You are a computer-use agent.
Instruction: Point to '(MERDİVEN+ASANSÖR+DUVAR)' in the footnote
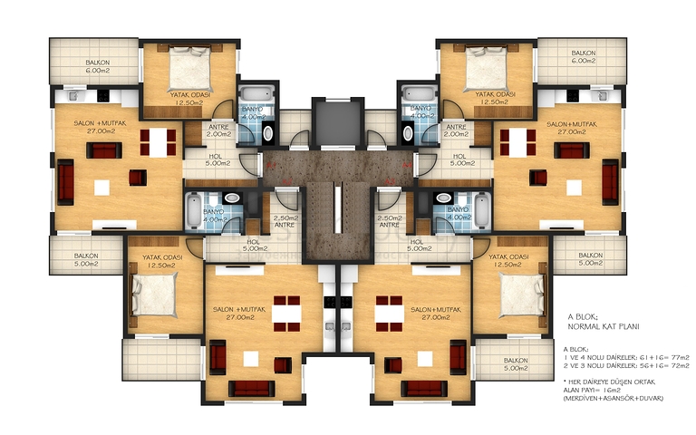click(614, 399)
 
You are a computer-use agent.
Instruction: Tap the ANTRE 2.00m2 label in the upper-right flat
click(455, 130)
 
